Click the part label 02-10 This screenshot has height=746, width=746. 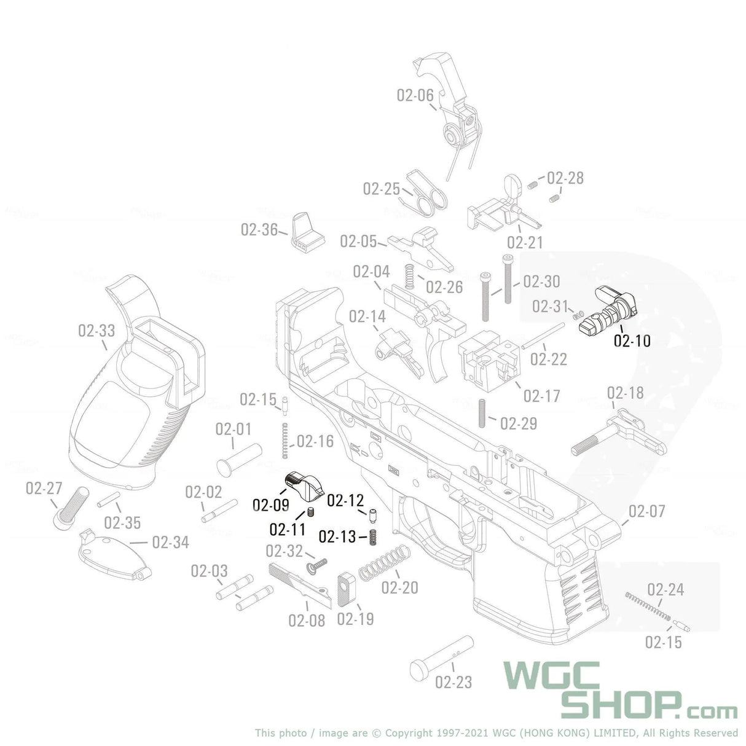tap(632, 340)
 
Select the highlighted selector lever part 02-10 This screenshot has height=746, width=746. tap(610, 311)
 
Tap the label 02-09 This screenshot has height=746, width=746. tap(270, 505)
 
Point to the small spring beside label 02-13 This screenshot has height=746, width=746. tap(372, 536)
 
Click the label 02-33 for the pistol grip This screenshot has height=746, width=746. tap(96, 331)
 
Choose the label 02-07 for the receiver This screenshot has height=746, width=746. tap(647, 511)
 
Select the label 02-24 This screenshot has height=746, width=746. tap(665, 590)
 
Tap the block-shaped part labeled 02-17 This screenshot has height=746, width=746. tap(489, 361)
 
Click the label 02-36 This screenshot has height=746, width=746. tap(259, 230)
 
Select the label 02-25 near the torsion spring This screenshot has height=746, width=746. tap(381, 189)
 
